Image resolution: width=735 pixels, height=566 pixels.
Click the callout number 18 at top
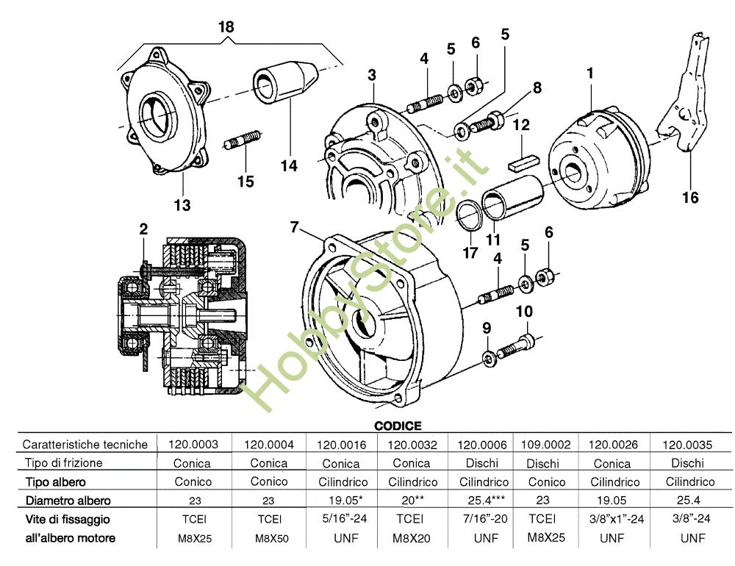point(226,26)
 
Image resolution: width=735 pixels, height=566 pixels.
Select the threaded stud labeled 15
point(242,139)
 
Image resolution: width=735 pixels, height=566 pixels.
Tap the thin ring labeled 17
point(470,215)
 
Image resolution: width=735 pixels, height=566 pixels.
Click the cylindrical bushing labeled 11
point(513,197)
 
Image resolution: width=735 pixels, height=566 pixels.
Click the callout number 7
point(294,227)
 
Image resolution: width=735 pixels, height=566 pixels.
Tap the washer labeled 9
point(489,359)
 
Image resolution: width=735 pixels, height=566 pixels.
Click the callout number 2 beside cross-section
point(143,229)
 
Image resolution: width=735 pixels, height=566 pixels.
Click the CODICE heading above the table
point(398,426)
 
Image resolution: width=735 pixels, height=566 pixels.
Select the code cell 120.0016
point(341,445)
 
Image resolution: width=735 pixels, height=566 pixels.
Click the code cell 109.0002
point(545,444)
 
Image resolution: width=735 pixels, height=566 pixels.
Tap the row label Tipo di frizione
point(63,463)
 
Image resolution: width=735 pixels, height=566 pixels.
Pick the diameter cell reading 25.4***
point(486,501)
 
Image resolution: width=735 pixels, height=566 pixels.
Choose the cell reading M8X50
point(272,538)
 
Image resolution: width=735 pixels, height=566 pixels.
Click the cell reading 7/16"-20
point(484,519)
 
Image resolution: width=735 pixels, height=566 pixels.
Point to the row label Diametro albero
point(68,501)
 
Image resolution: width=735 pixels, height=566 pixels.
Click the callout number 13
point(182,205)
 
